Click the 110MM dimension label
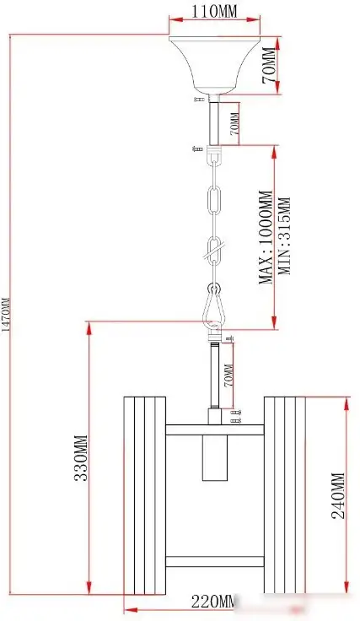pyautogui.click(x=214, y=12)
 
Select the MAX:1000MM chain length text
pyautogui.click(x=266, y=237)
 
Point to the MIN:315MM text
pyautogui.click(x=285, y=236)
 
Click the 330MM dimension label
pyautogui.click(x=81, y=458)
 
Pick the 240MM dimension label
pyautogui.click(x=339, y=496)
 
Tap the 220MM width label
pyautogui.click(x=213, y=602)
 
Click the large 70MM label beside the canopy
pyautogui.click(x=269, y=65)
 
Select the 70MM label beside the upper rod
pyautogui.click(x=234, y=124)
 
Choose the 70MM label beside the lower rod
pyautogui.click(x=228, y=375)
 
